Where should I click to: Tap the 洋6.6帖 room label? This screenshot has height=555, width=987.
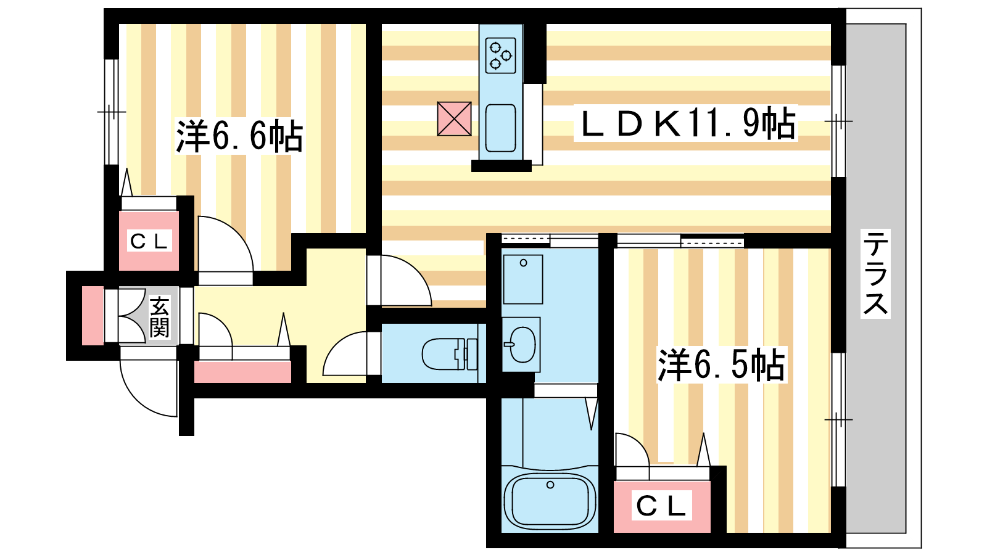239,136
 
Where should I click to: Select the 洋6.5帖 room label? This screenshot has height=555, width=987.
721,364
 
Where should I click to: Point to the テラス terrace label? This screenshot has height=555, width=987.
875,273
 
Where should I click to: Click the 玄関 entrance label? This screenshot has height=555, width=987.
159,317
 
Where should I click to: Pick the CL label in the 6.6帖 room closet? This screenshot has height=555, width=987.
149,241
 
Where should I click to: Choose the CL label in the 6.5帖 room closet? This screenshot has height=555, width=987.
661,506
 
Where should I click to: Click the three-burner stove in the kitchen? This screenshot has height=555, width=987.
500,55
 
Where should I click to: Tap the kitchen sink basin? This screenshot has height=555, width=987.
500,128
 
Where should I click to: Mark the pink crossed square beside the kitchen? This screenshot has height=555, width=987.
454,119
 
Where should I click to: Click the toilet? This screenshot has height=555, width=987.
450,354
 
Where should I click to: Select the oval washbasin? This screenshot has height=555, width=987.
521,345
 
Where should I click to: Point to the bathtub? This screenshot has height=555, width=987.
550,501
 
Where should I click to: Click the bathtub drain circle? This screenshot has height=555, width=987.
550,485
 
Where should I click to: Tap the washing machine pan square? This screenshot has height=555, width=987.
523,279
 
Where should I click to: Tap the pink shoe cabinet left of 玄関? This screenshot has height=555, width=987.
93,315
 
